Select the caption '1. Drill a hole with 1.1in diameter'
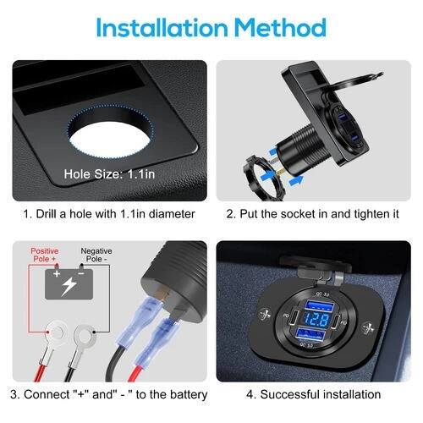(x=109, y=214)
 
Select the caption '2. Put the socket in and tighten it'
(x=312, y=214)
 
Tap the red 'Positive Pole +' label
(x=45, y=255)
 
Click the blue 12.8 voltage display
(x=317, y=321)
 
